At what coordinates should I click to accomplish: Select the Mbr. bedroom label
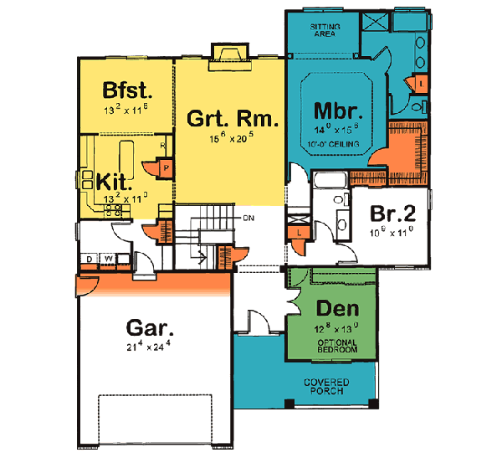337,111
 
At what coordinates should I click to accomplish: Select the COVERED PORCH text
325,388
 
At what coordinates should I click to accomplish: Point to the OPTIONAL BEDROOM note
333,346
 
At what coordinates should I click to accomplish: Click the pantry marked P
166,167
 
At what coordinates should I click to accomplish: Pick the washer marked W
109,258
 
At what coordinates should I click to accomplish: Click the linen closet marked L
298,231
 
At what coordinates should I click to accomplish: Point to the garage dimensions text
151,347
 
